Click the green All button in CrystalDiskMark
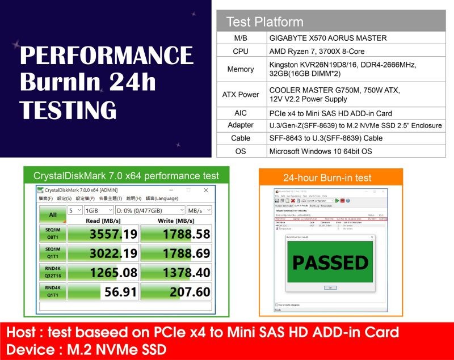[52, 215]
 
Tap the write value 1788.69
[175, 253]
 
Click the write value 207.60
[175, 292]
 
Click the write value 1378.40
[175, 272]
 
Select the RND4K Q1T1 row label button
[52, 291]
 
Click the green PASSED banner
[330, 262]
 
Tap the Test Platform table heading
[264, 22]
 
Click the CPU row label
[241, 51]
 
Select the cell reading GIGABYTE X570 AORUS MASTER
[328, 38]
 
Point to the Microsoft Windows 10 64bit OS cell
[321, 151]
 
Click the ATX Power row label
[241, 94]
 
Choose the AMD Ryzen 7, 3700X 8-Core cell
[317, 51]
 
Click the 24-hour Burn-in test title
[327, 177]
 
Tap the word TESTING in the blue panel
[69, 108]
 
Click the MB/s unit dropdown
[199, 210]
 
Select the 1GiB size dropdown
[98, 210]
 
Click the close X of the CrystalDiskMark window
[206, 190]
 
